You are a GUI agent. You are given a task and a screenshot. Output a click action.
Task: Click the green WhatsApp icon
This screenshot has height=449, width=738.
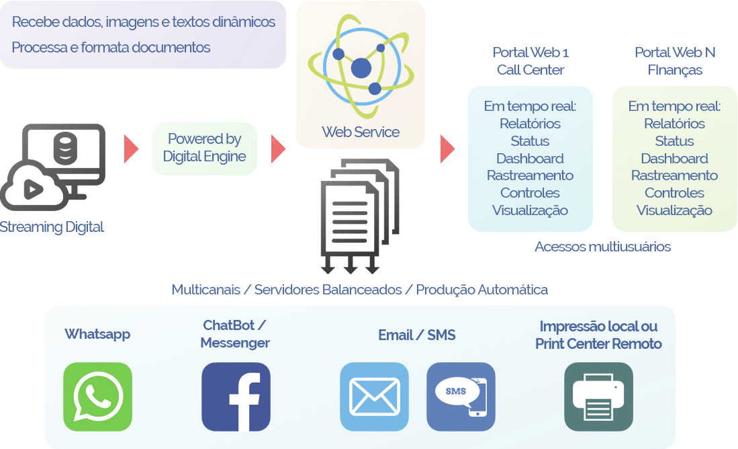click(x=97, y=397)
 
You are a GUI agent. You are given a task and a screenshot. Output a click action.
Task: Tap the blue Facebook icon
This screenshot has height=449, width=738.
click(x=236, y=397)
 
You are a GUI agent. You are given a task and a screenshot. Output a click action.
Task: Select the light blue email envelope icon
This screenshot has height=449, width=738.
click(x=374, y=397)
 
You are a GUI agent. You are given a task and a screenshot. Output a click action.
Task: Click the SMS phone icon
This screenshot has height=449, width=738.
click(x=461, y=397)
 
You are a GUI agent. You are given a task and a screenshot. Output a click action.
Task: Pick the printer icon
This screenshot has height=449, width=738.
click(x=598, y=397)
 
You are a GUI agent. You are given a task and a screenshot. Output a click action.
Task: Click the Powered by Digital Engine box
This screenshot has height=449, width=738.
click(x=205, y=148)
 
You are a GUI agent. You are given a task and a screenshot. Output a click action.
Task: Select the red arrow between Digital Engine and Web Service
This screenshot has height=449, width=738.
click(x=278, y=149)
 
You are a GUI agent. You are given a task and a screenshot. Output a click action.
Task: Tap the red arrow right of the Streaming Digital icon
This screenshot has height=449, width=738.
click(x=131, y=149)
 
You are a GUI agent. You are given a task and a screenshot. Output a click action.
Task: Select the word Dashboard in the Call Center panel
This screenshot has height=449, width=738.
click(x=530, y=159)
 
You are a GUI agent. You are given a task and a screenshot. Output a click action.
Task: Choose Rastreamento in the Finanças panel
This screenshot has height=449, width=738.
click(x=674, y=175)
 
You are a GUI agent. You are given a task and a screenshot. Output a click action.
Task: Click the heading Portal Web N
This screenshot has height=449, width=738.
click(x=675, y=52)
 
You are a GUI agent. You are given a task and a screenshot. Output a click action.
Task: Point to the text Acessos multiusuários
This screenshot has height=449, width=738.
click(x=602, y=247)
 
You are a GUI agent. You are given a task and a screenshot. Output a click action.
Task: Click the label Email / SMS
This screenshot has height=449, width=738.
click(x=416, y=335)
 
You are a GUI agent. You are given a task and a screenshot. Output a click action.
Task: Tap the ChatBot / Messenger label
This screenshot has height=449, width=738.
click(x=235, y=334)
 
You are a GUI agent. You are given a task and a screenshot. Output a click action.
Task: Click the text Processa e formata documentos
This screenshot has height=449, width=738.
click(x=111, y=48)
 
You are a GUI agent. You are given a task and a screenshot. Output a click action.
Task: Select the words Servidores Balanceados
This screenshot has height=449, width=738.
click(x=328, y=290)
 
